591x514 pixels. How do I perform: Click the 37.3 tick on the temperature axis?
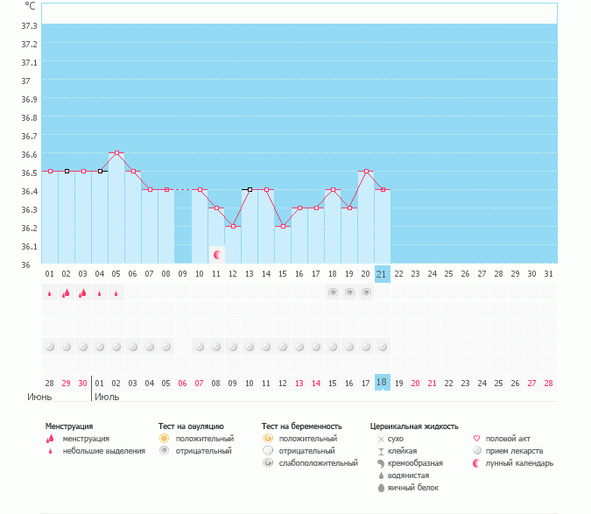coord(29,25)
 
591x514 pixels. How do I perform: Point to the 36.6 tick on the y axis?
coord(29,154)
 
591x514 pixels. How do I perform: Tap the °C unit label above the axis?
coord(30,6)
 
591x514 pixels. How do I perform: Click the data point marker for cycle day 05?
coord(116,152)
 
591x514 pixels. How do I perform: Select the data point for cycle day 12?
coord(233,226)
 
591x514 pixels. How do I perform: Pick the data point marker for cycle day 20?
coord(366,172)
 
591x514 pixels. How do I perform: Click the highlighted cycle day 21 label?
coord(382,274)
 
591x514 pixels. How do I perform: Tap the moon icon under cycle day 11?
coord(216,254)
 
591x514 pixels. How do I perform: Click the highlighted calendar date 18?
coord(382,383)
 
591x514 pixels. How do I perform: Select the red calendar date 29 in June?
coord(67,383)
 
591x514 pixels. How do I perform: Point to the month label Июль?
coord(107,397)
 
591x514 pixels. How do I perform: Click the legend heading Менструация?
coord(68,426)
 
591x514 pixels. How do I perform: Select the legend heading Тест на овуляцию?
coord(191,426)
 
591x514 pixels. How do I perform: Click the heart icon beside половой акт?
coord(477,439)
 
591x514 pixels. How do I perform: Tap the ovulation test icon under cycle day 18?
coord(333,292)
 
